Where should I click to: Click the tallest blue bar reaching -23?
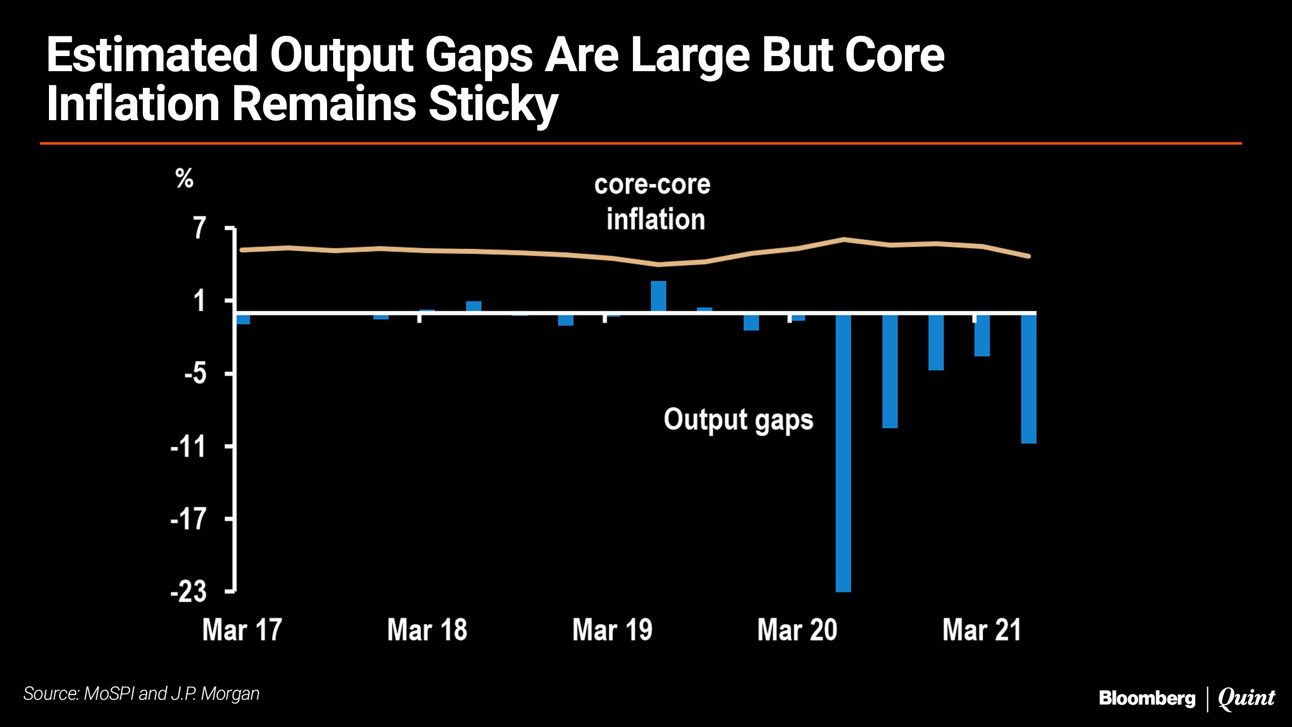[843, 452]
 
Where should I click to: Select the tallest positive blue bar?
[659, 296]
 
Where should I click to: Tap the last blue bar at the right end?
[1029, 379]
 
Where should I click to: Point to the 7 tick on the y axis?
[200, 228]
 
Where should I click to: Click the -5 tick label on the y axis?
[195, 374]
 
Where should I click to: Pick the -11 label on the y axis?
[189, 447]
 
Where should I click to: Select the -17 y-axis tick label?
[189, 519]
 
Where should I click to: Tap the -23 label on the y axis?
[189, 591]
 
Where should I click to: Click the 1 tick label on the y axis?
[200, 301]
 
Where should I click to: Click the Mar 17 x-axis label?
[242, 630]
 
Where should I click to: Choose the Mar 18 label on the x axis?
[427, 630]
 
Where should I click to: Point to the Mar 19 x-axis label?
[612, 630]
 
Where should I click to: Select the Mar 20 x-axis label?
[797, 630]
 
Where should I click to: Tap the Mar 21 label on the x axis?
[982, 630]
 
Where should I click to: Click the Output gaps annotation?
[738, 420]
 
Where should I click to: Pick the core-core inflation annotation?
[653, 202]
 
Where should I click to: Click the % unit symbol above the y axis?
[185, 178]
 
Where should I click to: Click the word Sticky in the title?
[493, 105]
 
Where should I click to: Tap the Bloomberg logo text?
[1147, 698]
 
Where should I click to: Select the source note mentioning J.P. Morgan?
[142, 694]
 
